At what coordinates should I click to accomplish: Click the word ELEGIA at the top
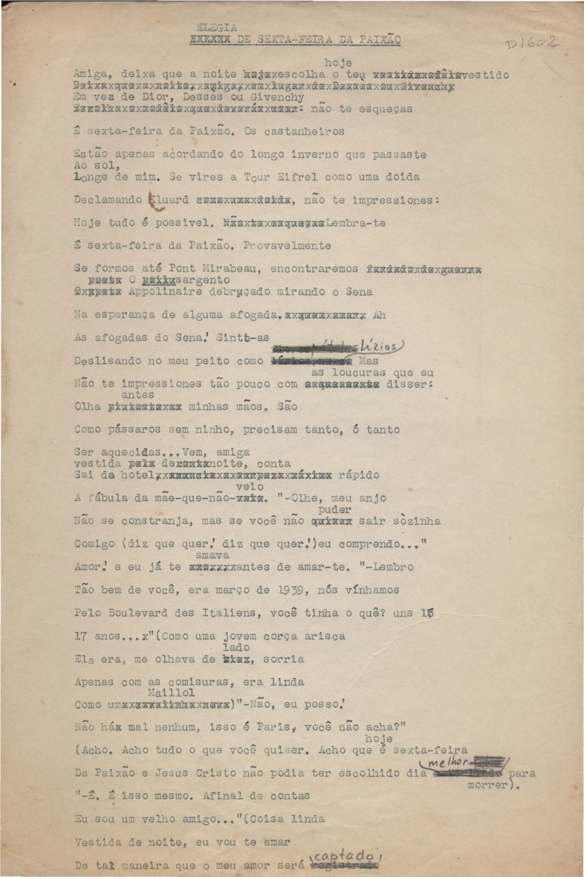216,27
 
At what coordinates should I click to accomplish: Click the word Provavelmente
286,246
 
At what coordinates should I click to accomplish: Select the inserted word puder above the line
334,509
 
